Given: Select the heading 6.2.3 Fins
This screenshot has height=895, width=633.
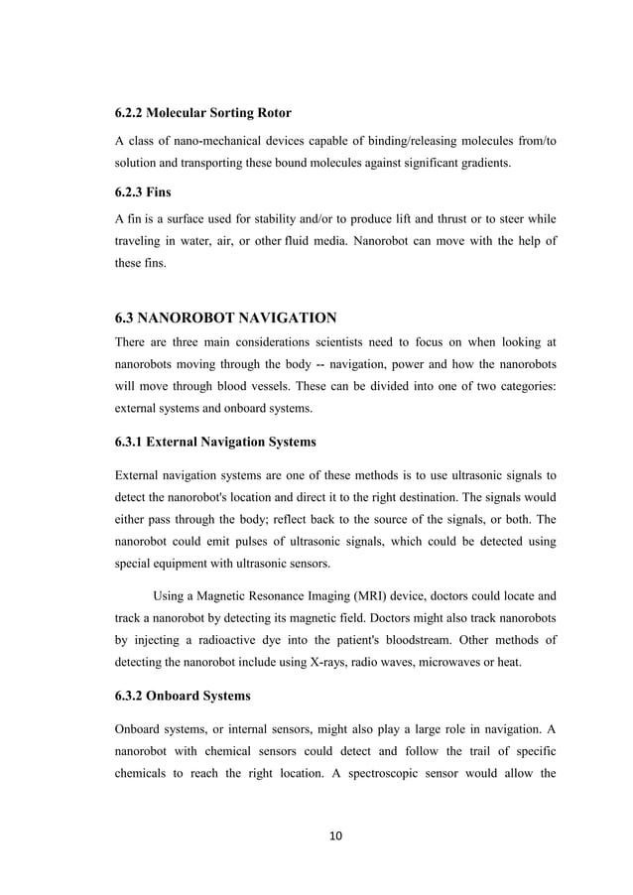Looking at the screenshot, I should click(146, 195).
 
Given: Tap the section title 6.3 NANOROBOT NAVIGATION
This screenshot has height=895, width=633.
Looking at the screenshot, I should click(226, 319).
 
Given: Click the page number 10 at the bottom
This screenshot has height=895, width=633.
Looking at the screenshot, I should click(335, 836).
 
